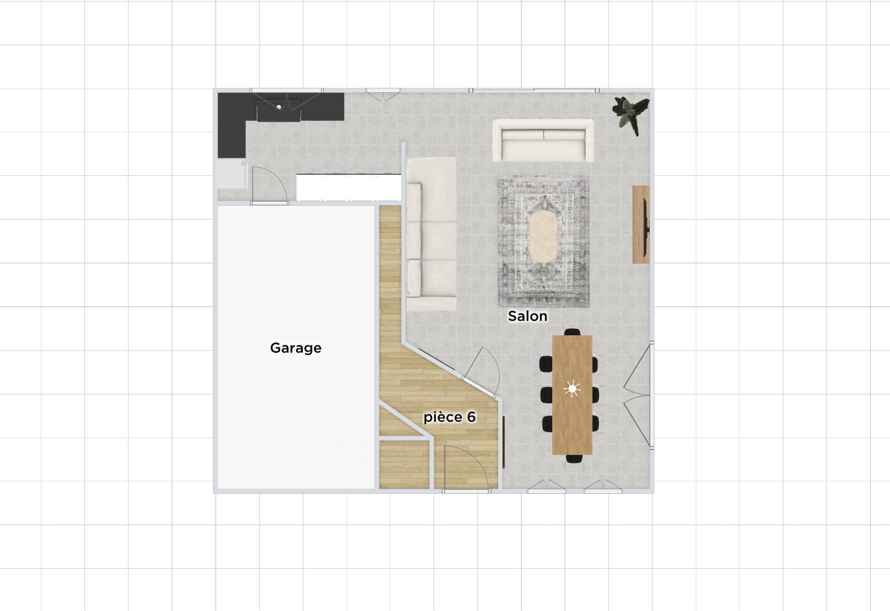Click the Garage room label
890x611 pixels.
296,348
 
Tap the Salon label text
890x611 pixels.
528,316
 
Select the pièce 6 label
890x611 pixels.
449,417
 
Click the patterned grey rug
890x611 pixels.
543,241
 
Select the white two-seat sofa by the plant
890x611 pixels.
543,140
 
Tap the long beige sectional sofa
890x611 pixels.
431,234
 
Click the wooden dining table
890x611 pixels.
572,395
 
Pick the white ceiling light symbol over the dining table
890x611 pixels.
572,389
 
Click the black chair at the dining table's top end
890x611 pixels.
573,332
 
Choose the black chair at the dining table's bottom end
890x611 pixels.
574,459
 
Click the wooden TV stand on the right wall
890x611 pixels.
641,224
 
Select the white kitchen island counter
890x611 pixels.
349,187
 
